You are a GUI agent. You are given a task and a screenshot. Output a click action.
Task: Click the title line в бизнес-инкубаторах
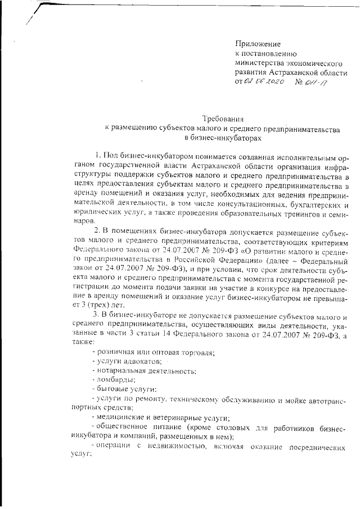[223, 138]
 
